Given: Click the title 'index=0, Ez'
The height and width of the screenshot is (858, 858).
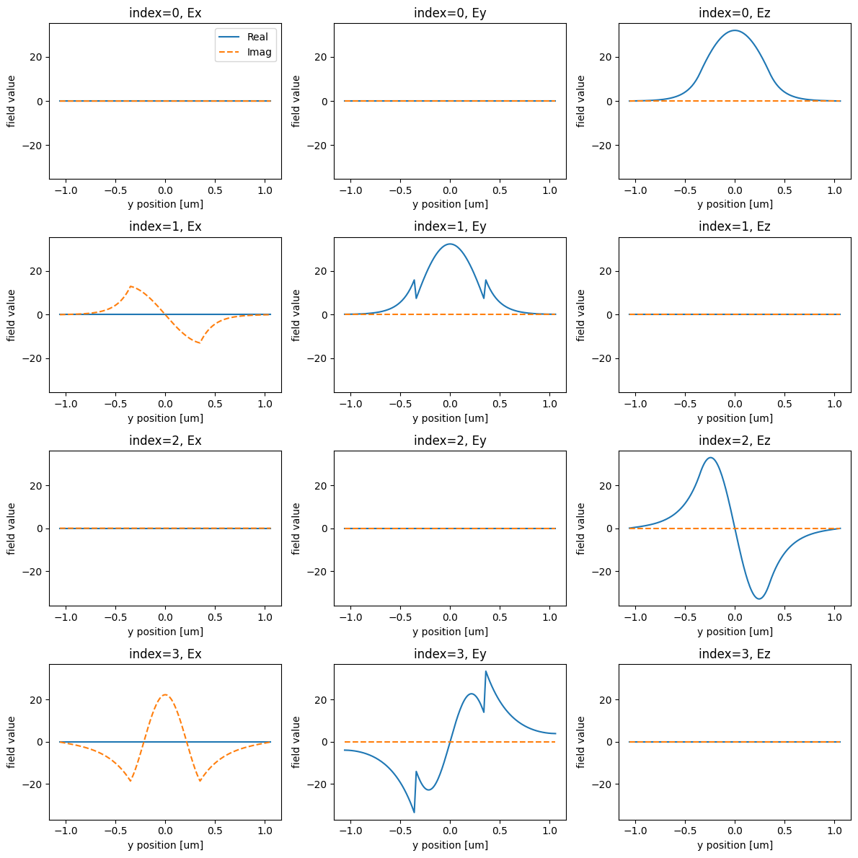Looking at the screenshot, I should pos(735,12).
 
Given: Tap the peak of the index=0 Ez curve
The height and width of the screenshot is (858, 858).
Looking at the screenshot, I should pos(735,30).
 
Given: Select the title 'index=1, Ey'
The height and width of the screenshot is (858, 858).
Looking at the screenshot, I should pos(450,226).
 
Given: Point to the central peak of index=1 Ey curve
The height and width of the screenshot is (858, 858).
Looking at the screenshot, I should pos(450,244).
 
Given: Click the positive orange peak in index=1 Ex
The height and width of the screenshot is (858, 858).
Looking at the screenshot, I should pos(131,286).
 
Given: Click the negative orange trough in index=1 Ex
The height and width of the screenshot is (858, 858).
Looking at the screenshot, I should pos(199,342).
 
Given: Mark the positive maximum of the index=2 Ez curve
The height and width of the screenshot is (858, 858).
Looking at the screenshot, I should pos(710,458).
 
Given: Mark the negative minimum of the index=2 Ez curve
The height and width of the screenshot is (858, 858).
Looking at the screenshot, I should pos(759,598).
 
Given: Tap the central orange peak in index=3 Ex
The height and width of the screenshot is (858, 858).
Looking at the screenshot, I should pos(165,695).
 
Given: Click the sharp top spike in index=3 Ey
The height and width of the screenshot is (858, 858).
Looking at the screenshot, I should pos(485,671).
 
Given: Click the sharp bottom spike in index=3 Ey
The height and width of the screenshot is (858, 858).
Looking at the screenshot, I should pos(414,812).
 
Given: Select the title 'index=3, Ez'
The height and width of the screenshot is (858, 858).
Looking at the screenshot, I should pos(735,654).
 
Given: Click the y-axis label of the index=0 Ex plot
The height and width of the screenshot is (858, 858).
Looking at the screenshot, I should pos(11,101).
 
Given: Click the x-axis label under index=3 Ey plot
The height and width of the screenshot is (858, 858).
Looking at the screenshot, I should pos(450,845).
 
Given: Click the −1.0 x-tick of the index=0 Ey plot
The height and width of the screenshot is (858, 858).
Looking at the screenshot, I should pos(350,191).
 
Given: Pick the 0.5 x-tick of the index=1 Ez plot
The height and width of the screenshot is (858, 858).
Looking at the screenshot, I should pos(784,404).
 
